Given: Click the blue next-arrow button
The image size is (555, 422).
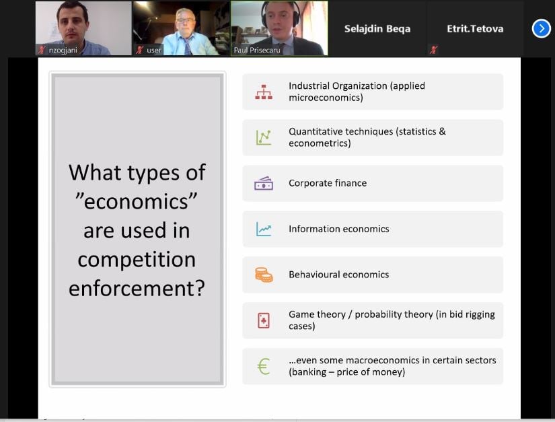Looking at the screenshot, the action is pos(541,28).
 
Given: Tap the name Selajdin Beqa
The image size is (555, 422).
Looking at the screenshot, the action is pos(377,29).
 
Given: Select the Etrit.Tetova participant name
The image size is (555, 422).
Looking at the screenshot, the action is pos(475,28).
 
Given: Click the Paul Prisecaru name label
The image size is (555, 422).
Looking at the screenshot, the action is pos(257,50).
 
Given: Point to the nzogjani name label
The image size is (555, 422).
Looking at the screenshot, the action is pos(63,50).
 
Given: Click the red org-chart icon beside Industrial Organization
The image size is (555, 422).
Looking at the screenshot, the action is pos(264,92).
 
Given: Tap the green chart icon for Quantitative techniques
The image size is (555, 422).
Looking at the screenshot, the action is pos(264,137).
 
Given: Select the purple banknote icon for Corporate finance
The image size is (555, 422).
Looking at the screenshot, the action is pos(264,183).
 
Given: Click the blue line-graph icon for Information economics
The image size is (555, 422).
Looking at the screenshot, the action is pos(264,229).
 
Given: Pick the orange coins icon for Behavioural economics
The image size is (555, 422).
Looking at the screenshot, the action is pos(264,275).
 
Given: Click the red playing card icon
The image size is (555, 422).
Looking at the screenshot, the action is pos(264,320).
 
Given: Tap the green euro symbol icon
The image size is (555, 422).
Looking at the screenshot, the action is pos(264,366).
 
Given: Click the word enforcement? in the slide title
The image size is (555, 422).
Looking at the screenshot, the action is pos(137,288).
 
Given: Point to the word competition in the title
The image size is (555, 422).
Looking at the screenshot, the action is pos(137,260).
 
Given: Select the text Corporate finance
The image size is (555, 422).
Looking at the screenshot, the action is pos(328,183).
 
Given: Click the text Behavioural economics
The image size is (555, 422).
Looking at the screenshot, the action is pos(339,275).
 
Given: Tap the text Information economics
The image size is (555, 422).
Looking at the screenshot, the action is pos(339,229).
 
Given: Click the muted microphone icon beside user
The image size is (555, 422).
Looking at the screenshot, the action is pos(139,50).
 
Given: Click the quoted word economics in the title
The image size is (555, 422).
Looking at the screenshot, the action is pos(137,201).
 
